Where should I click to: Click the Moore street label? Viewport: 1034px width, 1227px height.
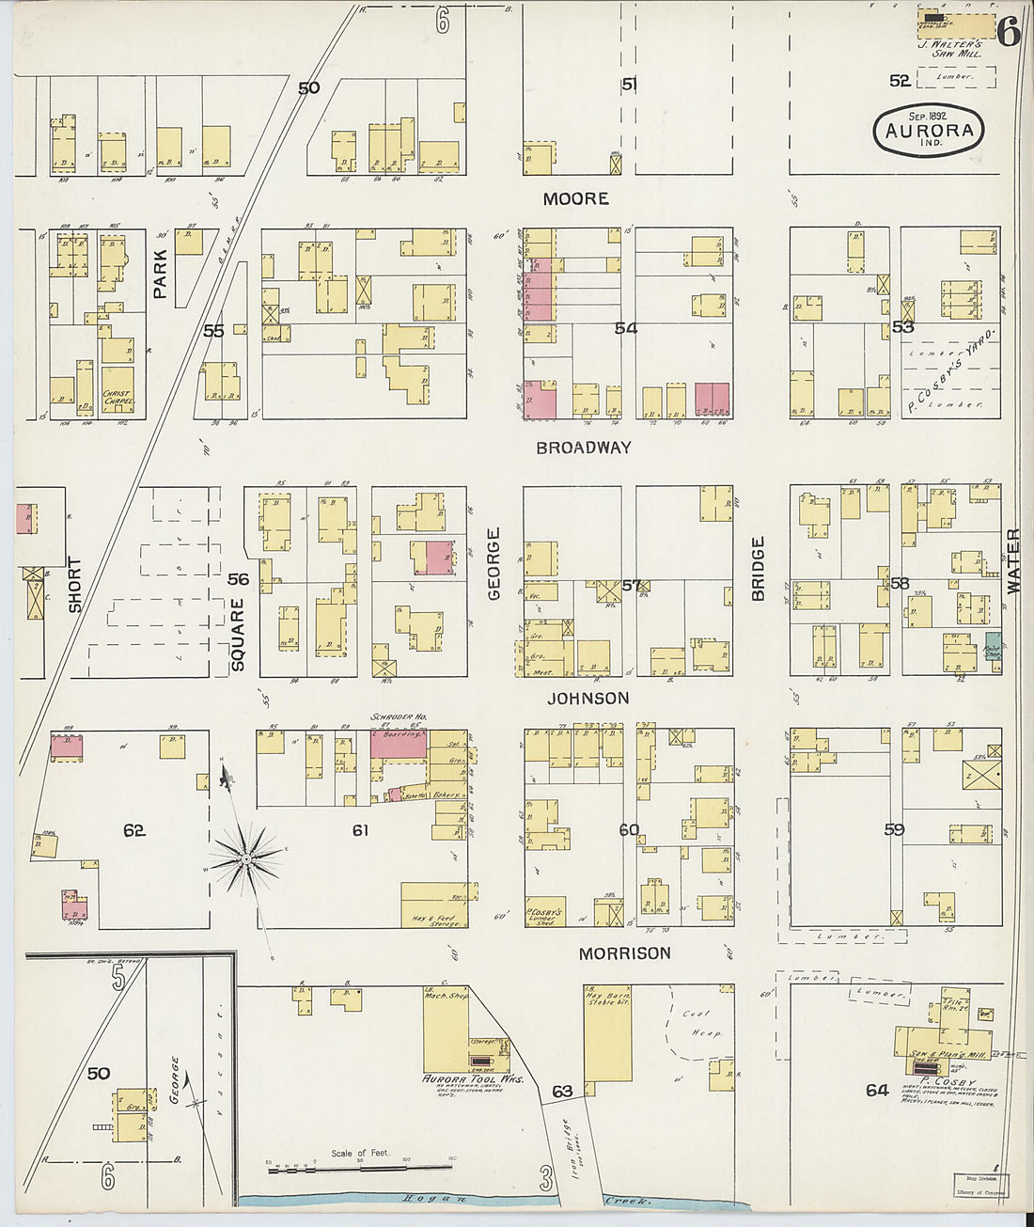pos(575,199)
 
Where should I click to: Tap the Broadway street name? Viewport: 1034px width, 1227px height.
pos(583,448)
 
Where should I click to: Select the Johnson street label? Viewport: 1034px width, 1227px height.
pos(588,698)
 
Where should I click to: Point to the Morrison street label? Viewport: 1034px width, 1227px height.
pos(624,953)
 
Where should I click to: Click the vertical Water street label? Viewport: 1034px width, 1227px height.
pos(1013,560)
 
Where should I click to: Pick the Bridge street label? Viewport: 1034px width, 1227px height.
pos(758,569)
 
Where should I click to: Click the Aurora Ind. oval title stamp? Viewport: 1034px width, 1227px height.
pos(929,132)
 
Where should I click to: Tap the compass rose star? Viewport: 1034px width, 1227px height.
pos(246,857)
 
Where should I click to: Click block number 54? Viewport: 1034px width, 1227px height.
pos(625,328)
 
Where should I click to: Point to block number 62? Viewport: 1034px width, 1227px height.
pos(134,830)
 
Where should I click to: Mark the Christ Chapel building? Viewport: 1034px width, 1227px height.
pos(117,398)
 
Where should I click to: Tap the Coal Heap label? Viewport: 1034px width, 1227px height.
pos(700,1023)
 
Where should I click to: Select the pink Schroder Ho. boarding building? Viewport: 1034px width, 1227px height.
pos(401,745)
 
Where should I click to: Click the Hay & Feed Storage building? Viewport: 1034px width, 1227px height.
pos(433,905)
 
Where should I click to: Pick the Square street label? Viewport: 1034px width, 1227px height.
pos(237,635)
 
